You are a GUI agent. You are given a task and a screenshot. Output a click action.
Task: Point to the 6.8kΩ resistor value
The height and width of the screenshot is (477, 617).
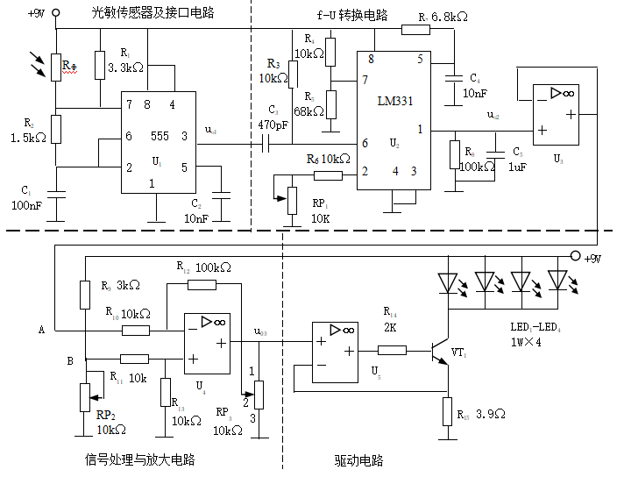tap(450, 18)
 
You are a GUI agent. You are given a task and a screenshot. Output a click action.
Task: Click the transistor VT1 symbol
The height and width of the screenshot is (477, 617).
tap(442, 352)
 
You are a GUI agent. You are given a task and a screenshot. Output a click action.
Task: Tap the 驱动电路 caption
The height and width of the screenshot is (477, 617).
tap(358, 460)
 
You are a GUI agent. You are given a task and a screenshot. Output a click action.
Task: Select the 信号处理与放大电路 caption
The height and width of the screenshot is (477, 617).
tap(139, 459)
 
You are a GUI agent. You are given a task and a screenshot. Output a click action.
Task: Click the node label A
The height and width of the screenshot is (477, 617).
tap(41, 330)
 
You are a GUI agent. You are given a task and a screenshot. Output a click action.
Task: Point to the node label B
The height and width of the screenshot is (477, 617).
tap(70, 360)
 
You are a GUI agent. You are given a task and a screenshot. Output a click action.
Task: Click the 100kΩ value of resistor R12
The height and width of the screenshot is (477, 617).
tap(214, 267)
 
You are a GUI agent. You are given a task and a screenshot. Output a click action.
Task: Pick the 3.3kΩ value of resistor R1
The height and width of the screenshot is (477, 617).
tap(125, 68)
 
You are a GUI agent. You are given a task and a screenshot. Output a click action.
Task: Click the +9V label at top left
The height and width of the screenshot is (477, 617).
tap(37, 13)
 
